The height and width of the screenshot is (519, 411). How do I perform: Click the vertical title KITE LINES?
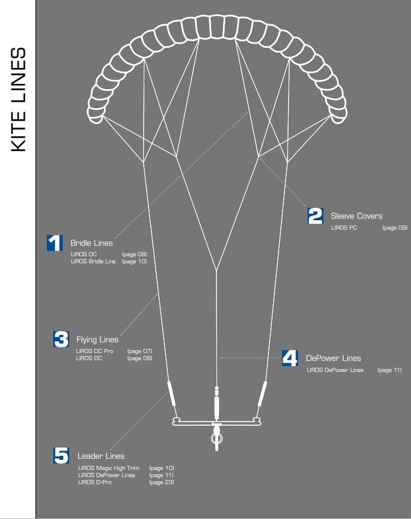click(19, 99)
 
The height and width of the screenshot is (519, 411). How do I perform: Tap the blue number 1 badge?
click(54, 243)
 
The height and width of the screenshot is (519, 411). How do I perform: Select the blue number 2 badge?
click(315, 216)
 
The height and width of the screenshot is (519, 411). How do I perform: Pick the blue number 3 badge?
click(61, 339)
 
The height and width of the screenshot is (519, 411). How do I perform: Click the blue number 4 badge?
click(290, 358)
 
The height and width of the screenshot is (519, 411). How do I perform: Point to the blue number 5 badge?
click(62, 455)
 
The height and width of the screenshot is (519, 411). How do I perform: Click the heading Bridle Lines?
click(92, 243)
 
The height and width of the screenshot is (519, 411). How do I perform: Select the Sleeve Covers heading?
click(357, 216)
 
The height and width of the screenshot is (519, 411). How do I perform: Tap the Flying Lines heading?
click(98, 340)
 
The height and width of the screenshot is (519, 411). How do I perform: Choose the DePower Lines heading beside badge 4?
click(334, 358)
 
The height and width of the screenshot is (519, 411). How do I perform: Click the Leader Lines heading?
click(101, 456)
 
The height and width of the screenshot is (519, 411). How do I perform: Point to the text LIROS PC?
click(344, 227)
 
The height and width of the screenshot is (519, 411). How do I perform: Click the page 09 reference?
click(394, 227)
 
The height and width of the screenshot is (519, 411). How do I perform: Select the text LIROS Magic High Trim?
click(109, 468)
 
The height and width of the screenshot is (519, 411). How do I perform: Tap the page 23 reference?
click(161, 482)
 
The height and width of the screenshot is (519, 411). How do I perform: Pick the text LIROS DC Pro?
click(95, 351)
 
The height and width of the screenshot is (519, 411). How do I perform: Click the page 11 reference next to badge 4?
click(390, 370)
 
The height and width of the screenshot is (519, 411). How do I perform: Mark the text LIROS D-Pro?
click(95, 482)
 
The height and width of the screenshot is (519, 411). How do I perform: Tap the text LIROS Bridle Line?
click(93, 261)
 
